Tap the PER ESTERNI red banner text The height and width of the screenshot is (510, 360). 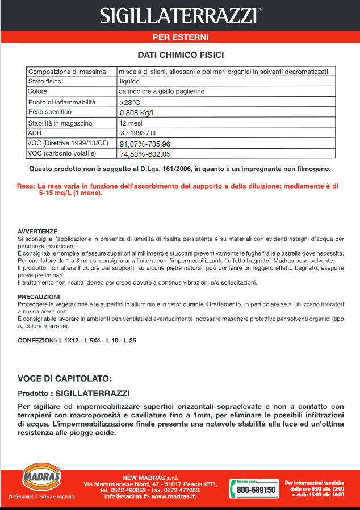click(x=180, y=37)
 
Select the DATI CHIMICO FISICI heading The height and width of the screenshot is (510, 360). click(x=180, y=55)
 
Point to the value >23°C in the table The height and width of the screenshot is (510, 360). click(x=130, y=102)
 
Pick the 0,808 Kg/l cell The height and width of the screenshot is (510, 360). click(x=136, y=112)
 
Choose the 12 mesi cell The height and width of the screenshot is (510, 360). click(x=131, y=123)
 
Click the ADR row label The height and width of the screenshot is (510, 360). click(x=35, y=133)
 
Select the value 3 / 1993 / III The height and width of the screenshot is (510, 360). click(x=137, y=133)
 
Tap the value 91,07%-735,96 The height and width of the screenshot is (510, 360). click(x=145, y=144)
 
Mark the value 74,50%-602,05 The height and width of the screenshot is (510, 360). click(x=145, y=154)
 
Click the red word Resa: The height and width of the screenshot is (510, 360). click(x=26, y=186)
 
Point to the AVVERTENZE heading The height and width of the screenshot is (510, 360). click(x=37, y=232)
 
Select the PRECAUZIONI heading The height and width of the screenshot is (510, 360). click(x=39, y=297)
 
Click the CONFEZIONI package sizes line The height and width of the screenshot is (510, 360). click(x=77, y=341)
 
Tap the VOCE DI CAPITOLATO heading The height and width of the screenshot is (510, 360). click(x=64, y=379)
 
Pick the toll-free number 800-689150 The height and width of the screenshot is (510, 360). click(x=256, y=490)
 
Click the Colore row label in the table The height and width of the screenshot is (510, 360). click(x=37, y=91)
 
